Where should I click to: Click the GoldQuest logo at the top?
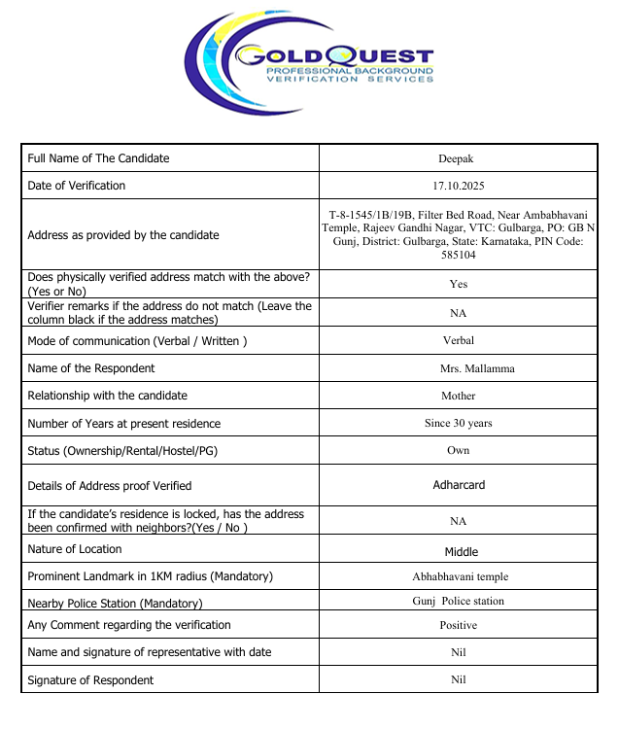309,60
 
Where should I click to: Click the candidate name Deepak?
459,158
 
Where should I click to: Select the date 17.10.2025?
459,186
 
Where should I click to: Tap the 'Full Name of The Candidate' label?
98,158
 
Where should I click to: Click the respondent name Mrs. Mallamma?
459,368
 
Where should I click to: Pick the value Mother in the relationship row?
459,396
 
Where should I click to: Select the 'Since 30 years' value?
459,423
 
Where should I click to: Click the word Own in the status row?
459,450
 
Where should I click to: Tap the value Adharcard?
459,485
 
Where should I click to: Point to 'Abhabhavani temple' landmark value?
459,576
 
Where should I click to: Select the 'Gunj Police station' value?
459,601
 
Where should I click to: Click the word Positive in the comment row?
459,625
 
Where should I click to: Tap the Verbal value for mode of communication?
459,341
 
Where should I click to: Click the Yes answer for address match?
459,284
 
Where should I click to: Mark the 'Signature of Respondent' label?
90,679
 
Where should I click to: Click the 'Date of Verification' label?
77,186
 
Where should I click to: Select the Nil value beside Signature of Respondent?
459,679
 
